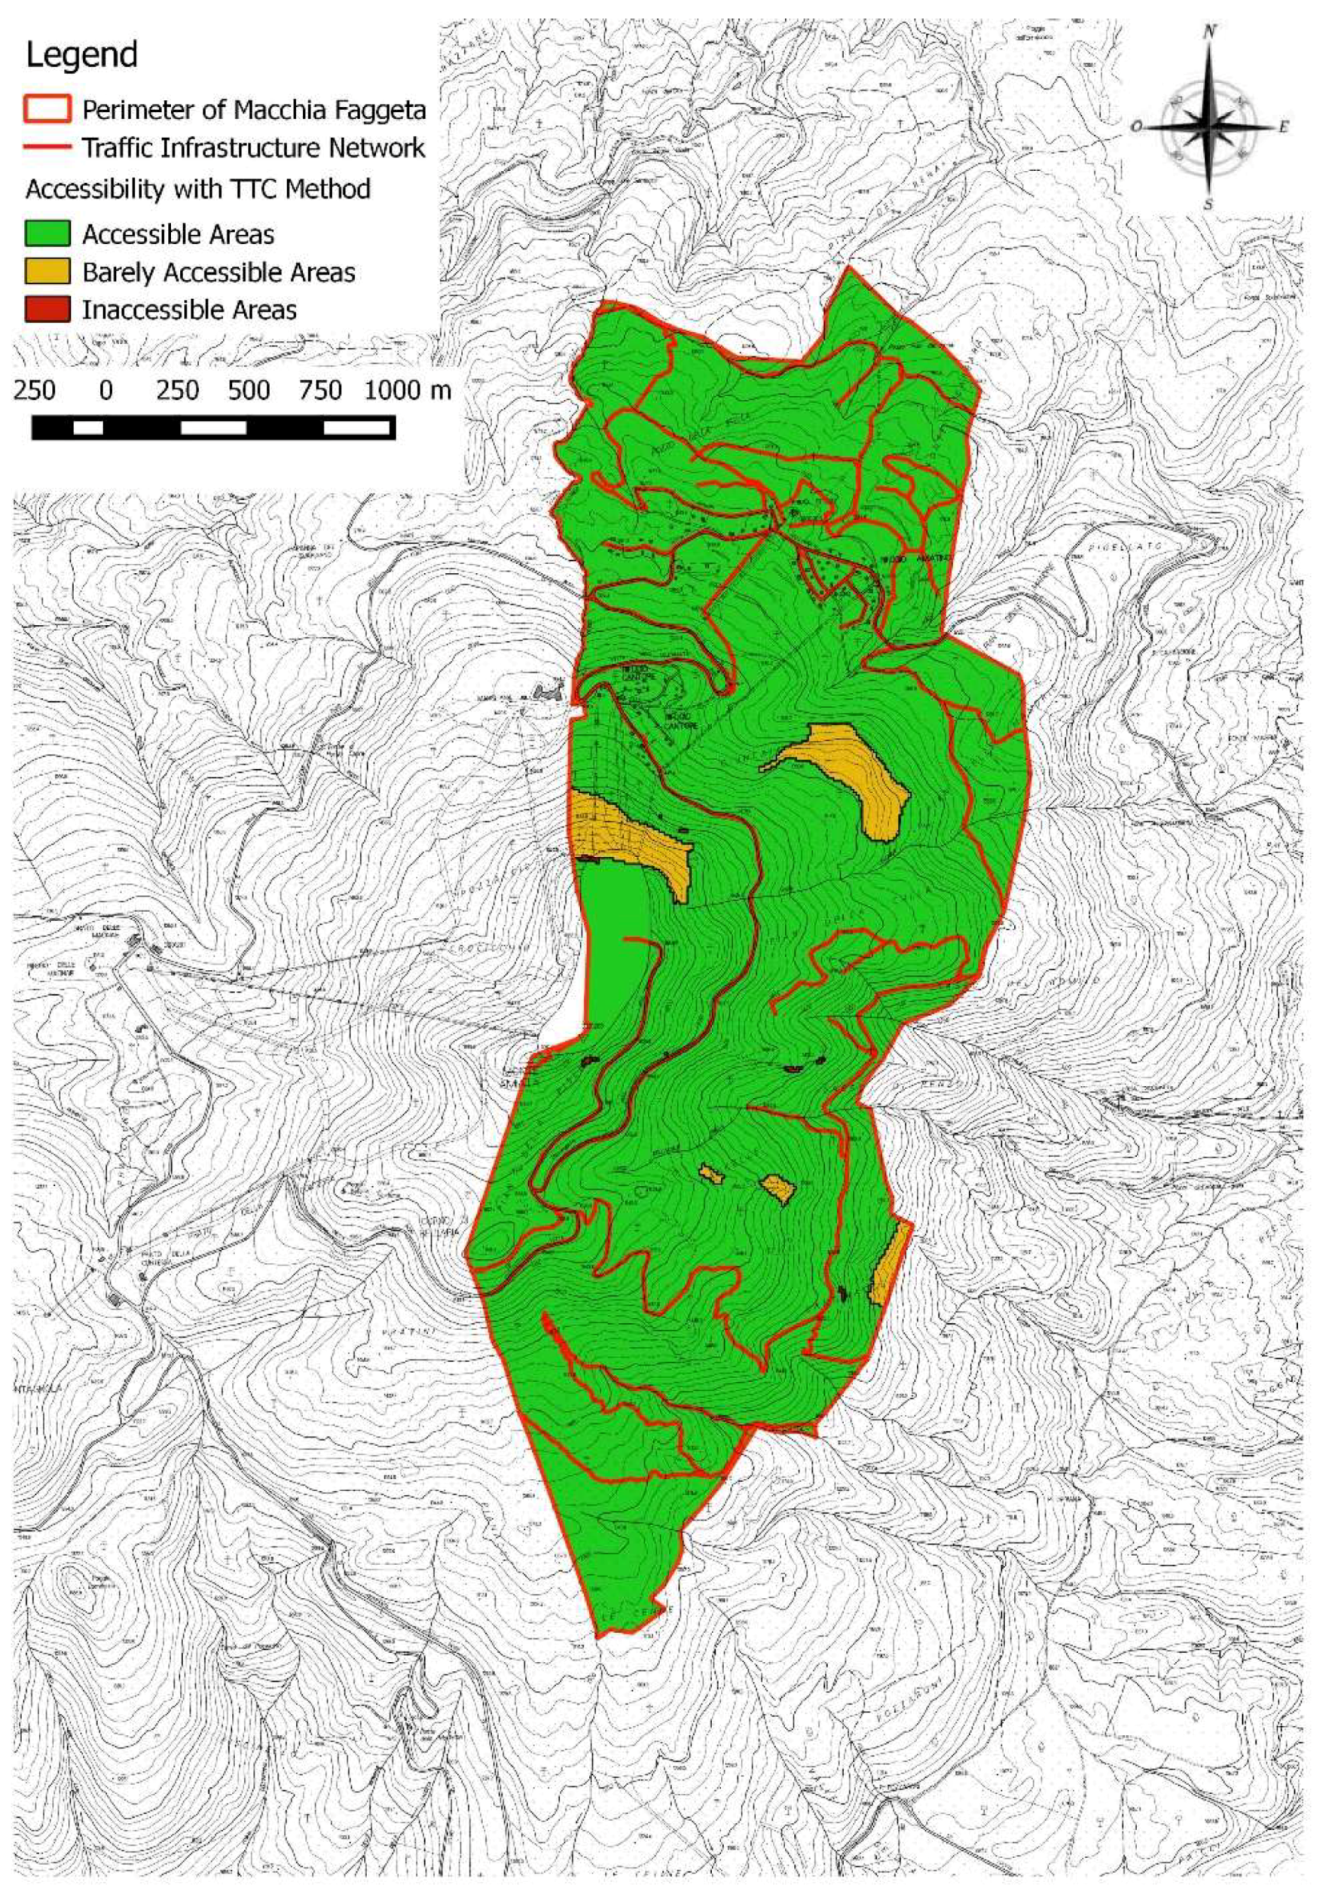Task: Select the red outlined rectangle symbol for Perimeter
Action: [47, 109]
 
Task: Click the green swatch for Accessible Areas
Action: [47, 234]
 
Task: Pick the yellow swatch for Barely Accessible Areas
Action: [47, 272]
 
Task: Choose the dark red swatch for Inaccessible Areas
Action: [47, 310]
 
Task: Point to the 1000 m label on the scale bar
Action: [407, 389]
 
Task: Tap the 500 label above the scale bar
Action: [250, 389]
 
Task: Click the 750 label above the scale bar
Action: [320, 389]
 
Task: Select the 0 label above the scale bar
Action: [105, 389]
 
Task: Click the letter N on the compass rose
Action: [1210, 32]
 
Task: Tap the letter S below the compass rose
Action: [1208, 204]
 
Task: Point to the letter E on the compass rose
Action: [1283, 128]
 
